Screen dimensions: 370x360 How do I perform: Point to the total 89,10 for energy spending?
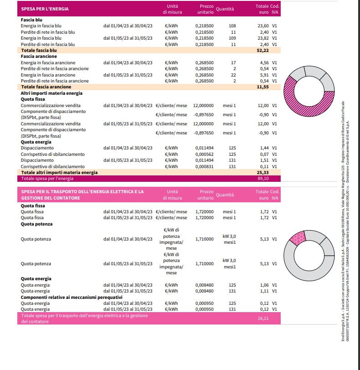pyautogui.click(x=264, y=179)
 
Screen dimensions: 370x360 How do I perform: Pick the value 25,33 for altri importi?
pyautogui.click(x=264, y=173)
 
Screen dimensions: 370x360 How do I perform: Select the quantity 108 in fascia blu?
pyautogui.click(x=232, y=26)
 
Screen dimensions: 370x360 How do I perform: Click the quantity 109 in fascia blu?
pyautogui.click(x=232, y=38)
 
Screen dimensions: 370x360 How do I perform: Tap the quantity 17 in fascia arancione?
pyautogui.click(x=234, y=62)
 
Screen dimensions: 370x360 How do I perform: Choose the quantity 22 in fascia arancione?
pyautogui.click(x=233, y=75)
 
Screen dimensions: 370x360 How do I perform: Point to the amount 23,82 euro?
pyautogui.click(x=264, y=38)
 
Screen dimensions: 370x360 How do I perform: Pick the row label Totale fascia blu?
pyautogui.click(x=38, y=51)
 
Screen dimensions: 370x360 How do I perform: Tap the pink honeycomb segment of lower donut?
pyautogui.click(x=297, y=238)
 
